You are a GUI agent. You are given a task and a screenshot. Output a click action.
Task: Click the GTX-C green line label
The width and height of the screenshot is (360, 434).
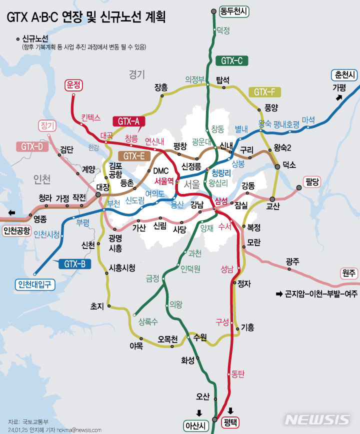[231, 61]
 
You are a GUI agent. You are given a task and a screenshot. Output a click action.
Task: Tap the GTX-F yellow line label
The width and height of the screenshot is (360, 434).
[264, 92]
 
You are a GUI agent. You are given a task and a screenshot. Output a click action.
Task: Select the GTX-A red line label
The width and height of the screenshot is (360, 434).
[129, 121]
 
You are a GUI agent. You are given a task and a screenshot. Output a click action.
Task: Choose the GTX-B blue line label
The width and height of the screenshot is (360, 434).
[74, 264]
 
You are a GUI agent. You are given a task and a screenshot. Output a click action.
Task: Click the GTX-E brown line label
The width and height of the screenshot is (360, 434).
[133, 155]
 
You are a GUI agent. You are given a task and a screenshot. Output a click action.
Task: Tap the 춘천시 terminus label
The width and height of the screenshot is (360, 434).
[344, 75]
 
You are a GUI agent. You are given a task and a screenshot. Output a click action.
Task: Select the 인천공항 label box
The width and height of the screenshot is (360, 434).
[17, 230]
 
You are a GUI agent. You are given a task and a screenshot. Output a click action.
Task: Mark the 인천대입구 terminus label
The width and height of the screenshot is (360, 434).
[34, 284]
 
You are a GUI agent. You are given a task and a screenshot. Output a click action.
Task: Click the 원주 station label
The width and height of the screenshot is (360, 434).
[349, 273]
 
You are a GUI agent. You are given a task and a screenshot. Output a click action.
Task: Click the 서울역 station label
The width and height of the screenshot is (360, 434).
[164, 181]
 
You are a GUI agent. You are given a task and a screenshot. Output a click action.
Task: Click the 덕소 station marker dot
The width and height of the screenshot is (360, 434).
[278, 165]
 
